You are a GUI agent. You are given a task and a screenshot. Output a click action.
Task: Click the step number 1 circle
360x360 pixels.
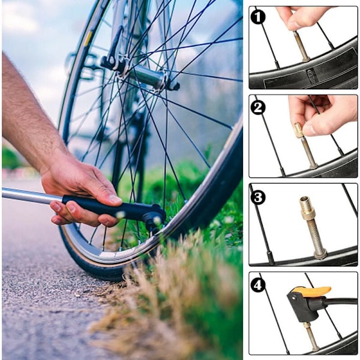coord(257,17)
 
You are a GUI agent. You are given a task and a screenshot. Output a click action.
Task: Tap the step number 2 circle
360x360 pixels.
coord(257,107)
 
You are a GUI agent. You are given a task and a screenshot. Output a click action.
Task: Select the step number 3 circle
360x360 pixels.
coord(257,197)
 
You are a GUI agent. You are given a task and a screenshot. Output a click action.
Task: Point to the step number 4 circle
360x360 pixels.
coord(257,285)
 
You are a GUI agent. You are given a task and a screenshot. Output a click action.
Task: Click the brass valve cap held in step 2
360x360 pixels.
coord(299,130)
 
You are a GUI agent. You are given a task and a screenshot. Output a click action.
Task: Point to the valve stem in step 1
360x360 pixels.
coord(300,46)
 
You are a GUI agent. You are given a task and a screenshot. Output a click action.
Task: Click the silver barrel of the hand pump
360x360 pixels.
coord(32,195)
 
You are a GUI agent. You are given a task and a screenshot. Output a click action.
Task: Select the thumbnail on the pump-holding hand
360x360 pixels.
coord(115,199)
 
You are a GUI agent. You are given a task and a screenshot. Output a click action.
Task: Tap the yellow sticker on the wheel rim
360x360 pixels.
coord(88,38)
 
